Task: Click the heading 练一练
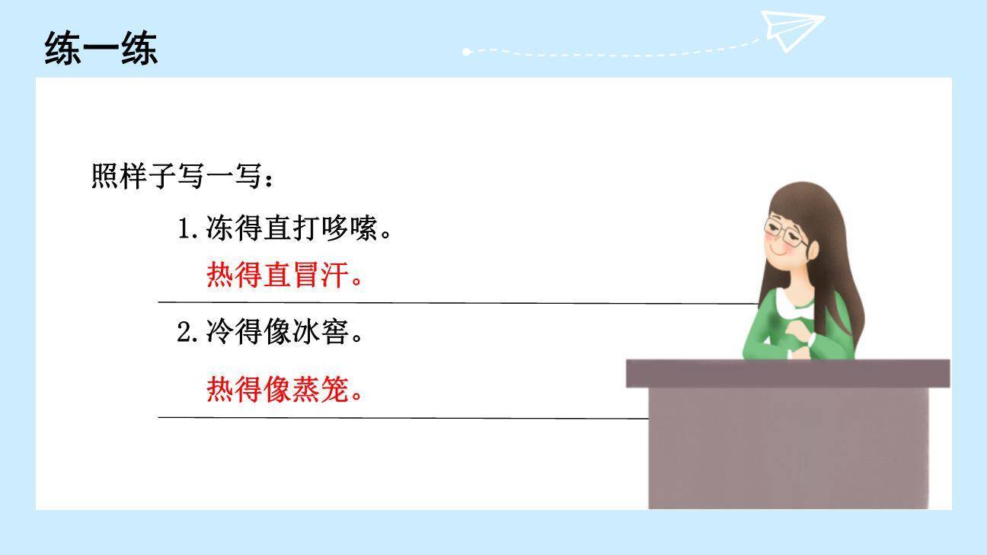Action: point(101,49)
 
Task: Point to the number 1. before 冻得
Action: point(187,228)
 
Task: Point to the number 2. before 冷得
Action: point(187,333)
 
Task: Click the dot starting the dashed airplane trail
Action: point(467,52)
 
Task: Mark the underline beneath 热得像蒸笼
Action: point(404,418)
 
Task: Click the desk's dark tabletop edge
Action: point(787,373)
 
